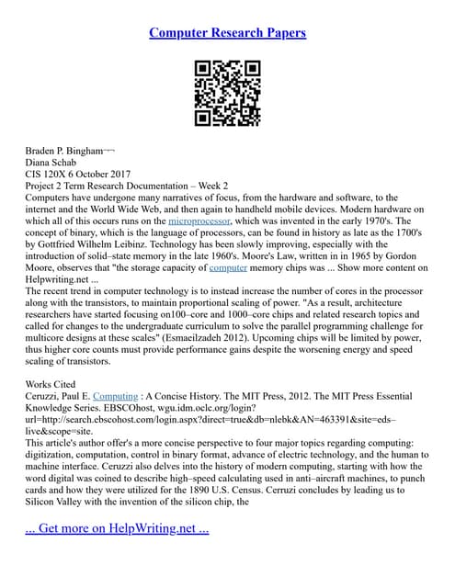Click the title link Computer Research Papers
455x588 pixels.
pyautogui.click(x=227, y=33)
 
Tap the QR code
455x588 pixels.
pyautogui.click(x=227, y=93)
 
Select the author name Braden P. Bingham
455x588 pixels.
pyautogui.click(x=63, y=148)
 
